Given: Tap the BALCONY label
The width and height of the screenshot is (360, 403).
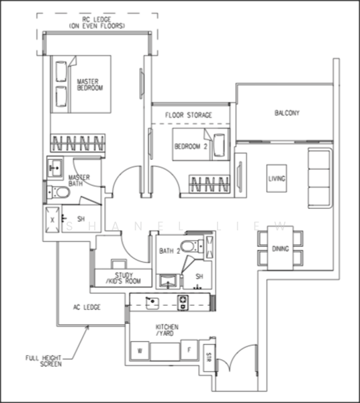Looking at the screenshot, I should tap(287, 113).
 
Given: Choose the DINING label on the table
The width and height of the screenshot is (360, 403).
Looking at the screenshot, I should tap(280, 249).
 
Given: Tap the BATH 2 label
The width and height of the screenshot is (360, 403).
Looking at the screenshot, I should tap(169, 251).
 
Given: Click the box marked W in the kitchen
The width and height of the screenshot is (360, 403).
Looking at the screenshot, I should tap(140, 349).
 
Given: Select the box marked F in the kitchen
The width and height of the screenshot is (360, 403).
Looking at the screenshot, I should tap(189, 349).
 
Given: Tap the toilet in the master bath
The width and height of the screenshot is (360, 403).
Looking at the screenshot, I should tap(58, 193).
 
